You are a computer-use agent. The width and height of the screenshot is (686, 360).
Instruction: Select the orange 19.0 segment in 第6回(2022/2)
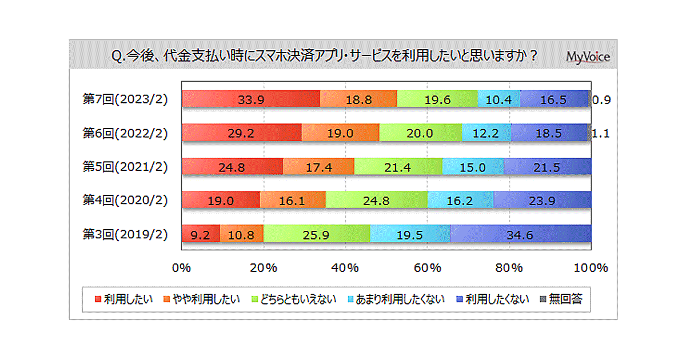point(340,133)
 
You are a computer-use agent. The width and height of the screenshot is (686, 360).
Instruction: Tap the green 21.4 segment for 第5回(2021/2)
point(398,167)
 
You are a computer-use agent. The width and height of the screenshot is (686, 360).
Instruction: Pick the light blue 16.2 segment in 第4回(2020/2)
point(460,201)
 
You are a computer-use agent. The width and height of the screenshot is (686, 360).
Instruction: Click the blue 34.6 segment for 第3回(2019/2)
point(520,234)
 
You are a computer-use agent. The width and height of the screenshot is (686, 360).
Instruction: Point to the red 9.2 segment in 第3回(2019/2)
point(200,234)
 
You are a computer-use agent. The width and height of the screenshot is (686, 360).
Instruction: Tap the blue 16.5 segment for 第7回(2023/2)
point(553,99)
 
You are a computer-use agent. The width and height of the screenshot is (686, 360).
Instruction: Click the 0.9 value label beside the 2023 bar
point(601,99)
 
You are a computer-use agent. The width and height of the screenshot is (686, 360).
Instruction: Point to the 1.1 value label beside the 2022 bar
point(601,133)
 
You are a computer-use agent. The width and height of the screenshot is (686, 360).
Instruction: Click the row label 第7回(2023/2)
point(125,99)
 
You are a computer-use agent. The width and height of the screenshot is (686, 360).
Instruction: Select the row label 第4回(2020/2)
point(125,201)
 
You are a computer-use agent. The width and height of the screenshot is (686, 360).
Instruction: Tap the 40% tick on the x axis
point(345,267)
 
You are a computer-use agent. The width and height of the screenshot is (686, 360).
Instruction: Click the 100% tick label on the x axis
point(591,267)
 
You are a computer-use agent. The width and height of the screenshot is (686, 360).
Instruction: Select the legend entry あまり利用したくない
point(395,299)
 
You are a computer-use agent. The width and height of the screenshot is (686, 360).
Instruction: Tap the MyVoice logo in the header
point(588,57)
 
